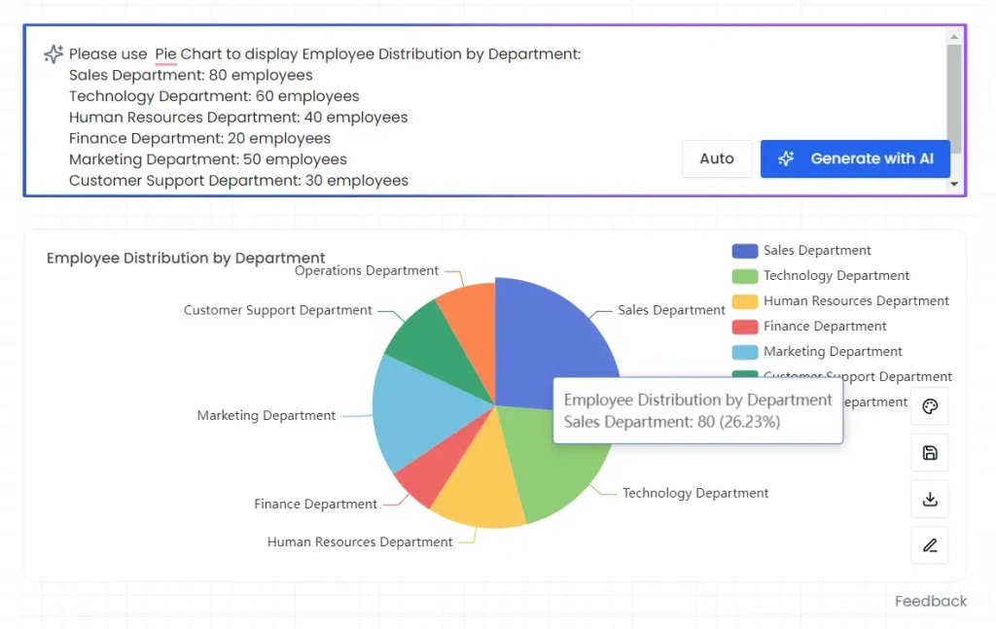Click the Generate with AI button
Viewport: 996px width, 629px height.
[854, 158]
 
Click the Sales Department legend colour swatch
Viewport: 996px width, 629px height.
[744, 251]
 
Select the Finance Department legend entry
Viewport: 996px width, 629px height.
[824, 327]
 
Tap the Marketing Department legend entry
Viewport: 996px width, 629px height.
[832, 352]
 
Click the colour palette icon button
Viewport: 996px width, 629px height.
[930, 406]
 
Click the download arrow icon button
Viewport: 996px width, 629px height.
[930, 499]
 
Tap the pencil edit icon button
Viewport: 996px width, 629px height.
[930, 545]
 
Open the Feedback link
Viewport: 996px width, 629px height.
[931, 601]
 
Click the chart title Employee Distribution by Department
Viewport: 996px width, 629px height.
[186, 259]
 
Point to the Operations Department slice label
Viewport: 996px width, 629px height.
[367, 271]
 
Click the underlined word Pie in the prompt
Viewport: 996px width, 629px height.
[165, 54]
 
